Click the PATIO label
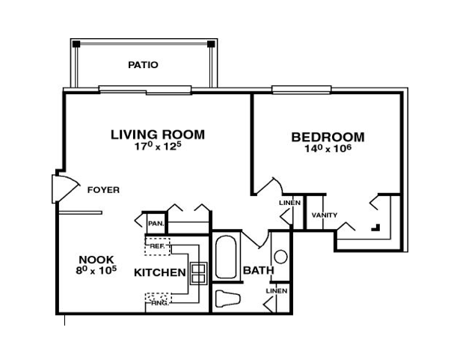(143, 64)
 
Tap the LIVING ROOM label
(158, 135)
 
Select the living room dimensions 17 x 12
(158, 146)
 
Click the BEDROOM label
(328, 137)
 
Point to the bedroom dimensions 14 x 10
(328, 148)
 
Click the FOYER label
(103, 190)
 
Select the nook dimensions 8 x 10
(96, 270)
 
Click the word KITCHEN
(160, 272)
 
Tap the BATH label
(259, 270)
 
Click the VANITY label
(325, 216)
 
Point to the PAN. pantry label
(156, 224)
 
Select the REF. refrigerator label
(157, 246)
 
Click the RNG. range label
(160, 303)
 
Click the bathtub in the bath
(226, 257)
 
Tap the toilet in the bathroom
(228, 299)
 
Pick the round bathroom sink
(280, 257)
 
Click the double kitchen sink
(199, 273)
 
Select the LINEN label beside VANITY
(290, 203)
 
